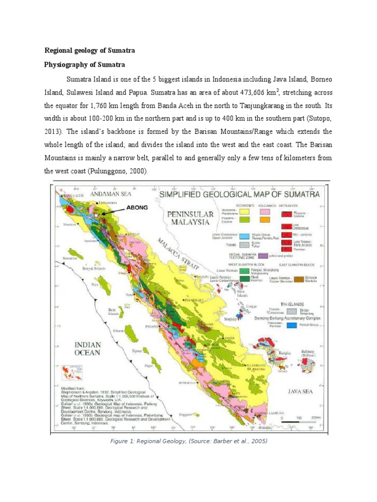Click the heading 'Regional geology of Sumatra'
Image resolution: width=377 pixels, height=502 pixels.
(90, 50)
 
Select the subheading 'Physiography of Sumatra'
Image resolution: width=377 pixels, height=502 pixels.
(85, 65)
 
